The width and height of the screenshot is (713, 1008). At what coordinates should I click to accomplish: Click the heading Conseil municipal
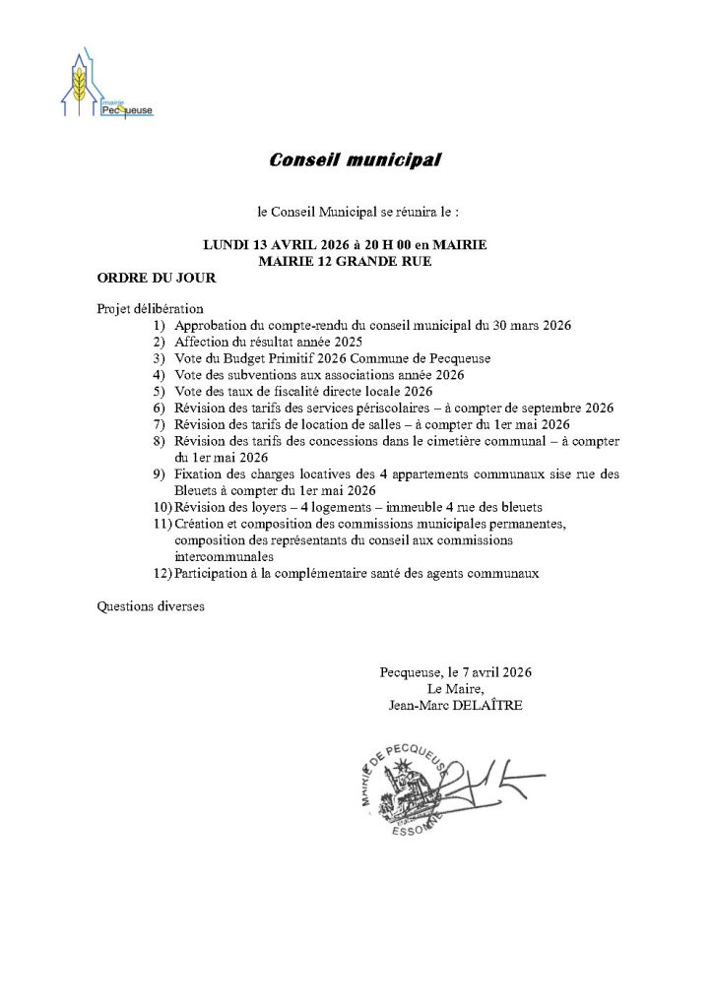tap(356, 159)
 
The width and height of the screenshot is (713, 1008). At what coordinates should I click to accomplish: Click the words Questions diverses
tap(151, 606)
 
